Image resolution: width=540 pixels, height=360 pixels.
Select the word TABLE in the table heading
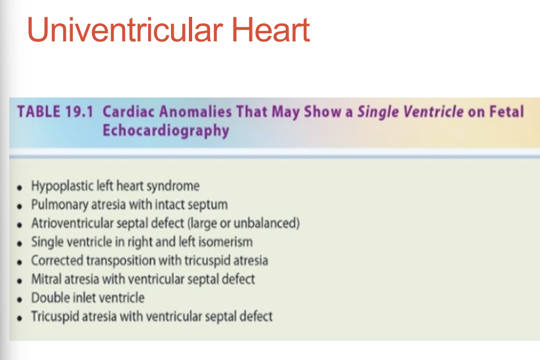(x=36, y=112)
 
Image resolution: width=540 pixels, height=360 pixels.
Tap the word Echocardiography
(x=165, y=131)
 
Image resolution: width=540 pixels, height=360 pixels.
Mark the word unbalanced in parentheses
(x=266, y=223)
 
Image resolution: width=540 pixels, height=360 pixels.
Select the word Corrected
(x=54, y=260)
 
